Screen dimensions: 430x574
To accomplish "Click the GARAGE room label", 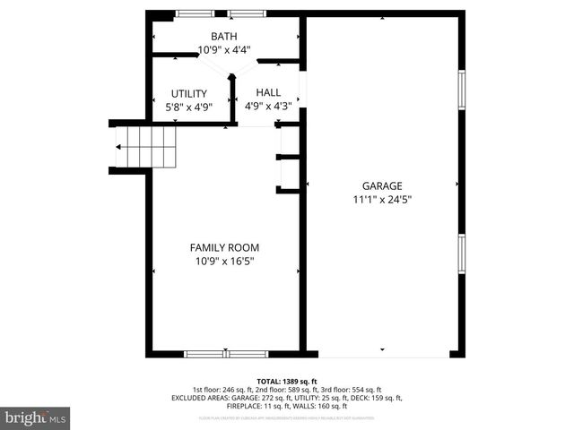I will [x=382, y=186].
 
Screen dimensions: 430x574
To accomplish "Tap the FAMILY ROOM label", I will [x=225, y=247].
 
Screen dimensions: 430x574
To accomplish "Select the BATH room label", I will [x=224, y=37].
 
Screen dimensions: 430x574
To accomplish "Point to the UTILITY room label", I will [x=188, y=93].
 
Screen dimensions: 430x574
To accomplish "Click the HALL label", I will [x=268, y=92].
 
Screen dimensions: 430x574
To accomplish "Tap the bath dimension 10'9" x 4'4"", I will [x=224, y=50].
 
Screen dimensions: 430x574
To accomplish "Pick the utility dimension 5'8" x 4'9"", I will [x=188, y=107].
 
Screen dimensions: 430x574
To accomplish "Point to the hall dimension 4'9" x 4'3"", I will [x=268, y=106].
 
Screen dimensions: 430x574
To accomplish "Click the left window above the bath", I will [x=188, y=13].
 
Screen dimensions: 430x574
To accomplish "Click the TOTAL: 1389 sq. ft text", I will [x=287, y=381].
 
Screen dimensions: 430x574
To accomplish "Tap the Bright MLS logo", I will [x=36, y=417].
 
